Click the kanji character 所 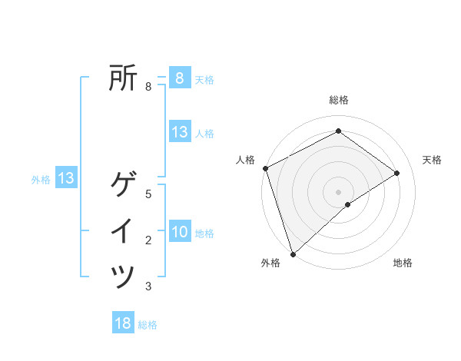(x=123, y=78)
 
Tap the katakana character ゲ (x=123, y=185)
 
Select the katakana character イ (x=123, y=230)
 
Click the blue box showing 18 (x=123, y=323)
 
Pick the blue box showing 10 (x=180, y=231)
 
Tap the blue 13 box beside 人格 (x=180, y=131)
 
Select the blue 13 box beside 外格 (x=66, y=178)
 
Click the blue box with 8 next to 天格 (x=180, y=78)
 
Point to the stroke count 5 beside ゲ (x=148, y=194)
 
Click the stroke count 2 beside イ (x=148, y=240)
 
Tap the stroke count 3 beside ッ (x=148, y=286)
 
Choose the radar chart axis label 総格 (x=338, y=100)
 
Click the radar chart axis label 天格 (x=432, y=160)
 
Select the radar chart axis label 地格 (x=403, y=263)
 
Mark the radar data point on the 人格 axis (x=265, y=168)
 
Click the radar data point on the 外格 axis (x=293, y=253)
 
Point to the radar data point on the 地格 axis (x=348, y=204)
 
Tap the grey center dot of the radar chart (x=338, y=191)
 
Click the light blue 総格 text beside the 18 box (x=148, y=325)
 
